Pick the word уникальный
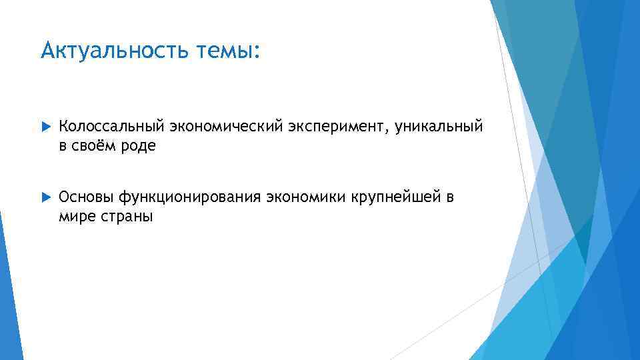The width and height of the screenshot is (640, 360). coord(438,127)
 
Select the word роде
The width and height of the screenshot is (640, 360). coord(139,147)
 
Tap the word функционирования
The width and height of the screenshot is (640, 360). coord(190,197)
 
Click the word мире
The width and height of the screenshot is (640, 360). coord(75,217)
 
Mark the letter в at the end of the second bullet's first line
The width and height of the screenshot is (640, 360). coord(451,198)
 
